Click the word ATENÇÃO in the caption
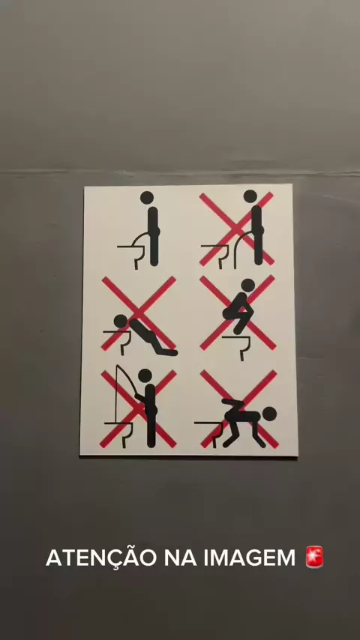tap(101, 558)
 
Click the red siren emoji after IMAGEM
tap(314, 557)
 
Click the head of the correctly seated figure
tap(147, 198)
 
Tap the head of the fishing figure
tap(145, 375)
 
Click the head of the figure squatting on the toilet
tap(247, 285)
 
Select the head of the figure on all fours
tap(270, 414)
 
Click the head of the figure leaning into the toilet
tap(121, 321)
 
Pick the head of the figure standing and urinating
tap(250, 196)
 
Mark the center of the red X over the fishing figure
tap(139, 408)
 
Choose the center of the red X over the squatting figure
tap(238, 313)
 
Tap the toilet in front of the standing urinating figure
tap(217, 255)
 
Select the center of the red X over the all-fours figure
tap(239, 409)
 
